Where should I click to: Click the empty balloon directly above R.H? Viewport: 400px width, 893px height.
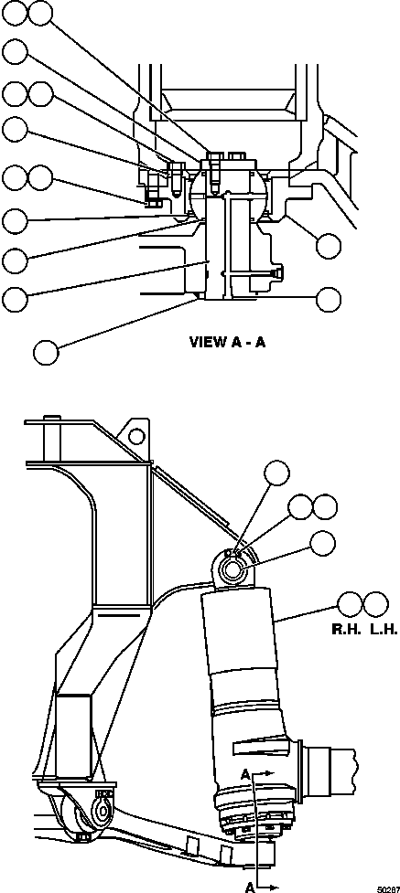[x=350, y=603]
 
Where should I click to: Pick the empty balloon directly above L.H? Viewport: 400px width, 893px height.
[x=376, y=603]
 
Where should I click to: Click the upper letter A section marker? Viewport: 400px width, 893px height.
[x=244, y=774]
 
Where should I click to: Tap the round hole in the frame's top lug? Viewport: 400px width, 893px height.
[x=136, y=437]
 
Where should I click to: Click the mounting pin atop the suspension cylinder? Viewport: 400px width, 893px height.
[x=232, y=569]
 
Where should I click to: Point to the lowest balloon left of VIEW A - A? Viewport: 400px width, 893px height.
[x=46, y=353]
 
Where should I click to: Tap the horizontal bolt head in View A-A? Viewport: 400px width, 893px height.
[x=276, y=272]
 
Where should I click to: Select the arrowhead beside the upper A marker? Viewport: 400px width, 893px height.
[x=270, y=773]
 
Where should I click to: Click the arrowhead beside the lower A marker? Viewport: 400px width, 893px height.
[x=275, y=886]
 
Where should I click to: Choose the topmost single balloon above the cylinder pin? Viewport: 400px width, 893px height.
[x=276, y=473]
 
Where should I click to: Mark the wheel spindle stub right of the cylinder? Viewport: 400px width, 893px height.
[x=332, y=769]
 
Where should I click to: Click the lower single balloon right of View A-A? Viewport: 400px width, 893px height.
[x=329, y=300]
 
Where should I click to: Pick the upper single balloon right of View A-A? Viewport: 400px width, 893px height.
[x=329, y=246]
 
